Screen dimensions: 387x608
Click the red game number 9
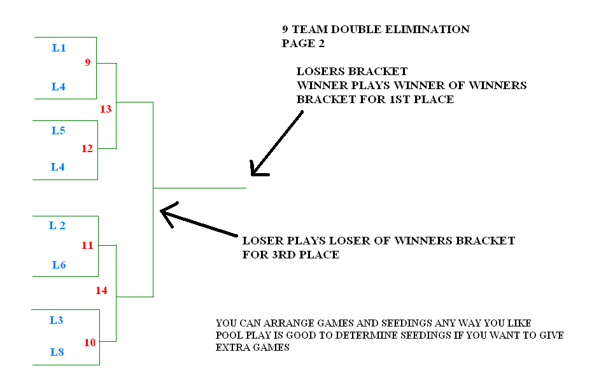tap(88, 62)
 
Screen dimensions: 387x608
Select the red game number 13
tap(106, 109)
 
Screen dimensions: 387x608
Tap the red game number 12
tap(87, 149)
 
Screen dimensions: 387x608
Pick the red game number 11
tap(87, 245)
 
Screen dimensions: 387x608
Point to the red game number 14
tap(101, 291)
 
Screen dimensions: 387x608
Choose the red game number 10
tap(89, 342)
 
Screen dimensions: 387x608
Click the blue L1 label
tap(59, 48)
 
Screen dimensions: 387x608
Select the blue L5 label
tap(58, 130)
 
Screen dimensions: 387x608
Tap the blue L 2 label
tap(57, 225)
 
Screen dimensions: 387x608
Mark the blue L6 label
tap(59, 265)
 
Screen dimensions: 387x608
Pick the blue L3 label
tap(57, 320)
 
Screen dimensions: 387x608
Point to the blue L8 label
tap(57, 351)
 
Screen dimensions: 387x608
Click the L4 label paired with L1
tap(59, 87)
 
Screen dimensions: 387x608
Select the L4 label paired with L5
tap(58, 167)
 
